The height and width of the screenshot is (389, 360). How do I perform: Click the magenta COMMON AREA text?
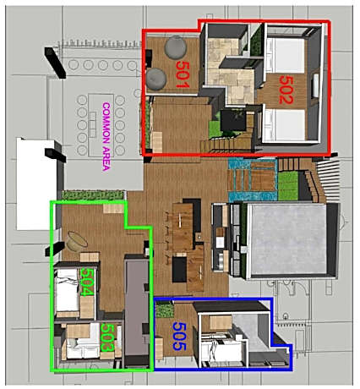(x=106, y=135)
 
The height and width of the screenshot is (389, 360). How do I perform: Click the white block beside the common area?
(x=35, y=173)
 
